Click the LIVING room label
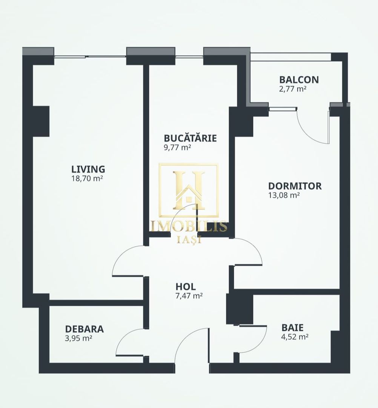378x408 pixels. pos(88,169)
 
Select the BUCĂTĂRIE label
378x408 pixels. pos(190,138)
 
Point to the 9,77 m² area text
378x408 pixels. pos(177,147)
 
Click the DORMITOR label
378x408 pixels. pos(295,186)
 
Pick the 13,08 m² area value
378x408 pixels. pos(284,195)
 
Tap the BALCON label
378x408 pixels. pos(299,80)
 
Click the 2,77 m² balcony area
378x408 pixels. pos(292,89)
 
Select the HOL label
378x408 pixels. pos(186,287)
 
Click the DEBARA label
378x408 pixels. pos(84,329)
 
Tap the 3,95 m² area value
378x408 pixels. pos(78,338)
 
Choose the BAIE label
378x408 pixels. pos(292,328)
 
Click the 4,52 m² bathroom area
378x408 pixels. pos(295,337)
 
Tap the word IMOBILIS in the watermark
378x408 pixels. pos(189,226)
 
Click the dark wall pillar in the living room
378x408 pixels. pos(41,121)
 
